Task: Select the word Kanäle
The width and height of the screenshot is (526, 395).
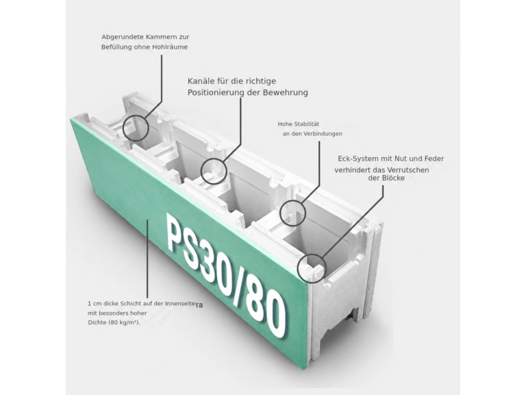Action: [200, 81]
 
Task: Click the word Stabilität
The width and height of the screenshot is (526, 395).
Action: [307, 124]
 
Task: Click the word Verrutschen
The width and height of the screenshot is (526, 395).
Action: [408, 170]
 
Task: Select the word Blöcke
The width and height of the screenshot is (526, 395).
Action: [393, 178]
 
